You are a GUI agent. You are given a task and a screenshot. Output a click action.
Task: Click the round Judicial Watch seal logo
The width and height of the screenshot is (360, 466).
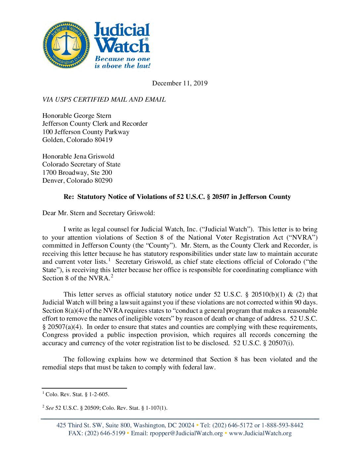coord(66,45)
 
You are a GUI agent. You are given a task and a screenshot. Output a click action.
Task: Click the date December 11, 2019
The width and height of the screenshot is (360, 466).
coord(180,83)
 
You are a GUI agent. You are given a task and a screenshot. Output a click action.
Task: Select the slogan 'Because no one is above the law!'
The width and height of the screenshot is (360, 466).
coord(122,62)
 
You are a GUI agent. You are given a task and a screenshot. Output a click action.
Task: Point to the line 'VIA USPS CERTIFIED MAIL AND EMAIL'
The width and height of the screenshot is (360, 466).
coord(104,99)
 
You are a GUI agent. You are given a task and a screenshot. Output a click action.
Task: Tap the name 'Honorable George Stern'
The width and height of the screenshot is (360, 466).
coord(77,116)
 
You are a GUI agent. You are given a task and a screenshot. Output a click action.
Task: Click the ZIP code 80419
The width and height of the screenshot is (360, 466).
coord(103,140)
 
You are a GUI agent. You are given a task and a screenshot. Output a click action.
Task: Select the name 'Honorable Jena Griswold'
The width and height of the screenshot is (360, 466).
coord(78,156)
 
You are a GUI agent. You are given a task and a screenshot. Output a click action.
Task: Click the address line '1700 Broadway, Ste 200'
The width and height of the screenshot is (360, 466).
coord(77,172)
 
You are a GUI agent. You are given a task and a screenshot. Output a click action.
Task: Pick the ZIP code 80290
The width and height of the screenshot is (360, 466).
coord(103,180)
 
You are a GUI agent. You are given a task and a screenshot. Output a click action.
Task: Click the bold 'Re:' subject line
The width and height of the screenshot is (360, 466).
coord(177,197)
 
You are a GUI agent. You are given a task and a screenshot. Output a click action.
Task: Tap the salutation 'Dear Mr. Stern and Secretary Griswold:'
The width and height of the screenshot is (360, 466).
coord(99,213)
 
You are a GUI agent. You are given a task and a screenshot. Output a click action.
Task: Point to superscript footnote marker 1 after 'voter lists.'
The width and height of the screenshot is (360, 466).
coord(109,260)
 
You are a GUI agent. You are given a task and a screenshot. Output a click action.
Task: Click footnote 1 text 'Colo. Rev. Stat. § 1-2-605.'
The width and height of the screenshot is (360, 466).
coord(77,394)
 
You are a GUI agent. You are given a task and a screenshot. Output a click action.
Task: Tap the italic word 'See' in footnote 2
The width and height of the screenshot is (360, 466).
coord(50,408)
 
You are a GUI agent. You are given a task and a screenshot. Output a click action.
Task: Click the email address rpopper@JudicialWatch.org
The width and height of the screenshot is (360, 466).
coord(186,433)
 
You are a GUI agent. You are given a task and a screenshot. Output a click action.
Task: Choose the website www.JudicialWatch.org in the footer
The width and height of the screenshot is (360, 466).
coord(260,433)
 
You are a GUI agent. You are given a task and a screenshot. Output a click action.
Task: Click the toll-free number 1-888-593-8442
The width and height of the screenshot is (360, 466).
coord(282,425)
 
